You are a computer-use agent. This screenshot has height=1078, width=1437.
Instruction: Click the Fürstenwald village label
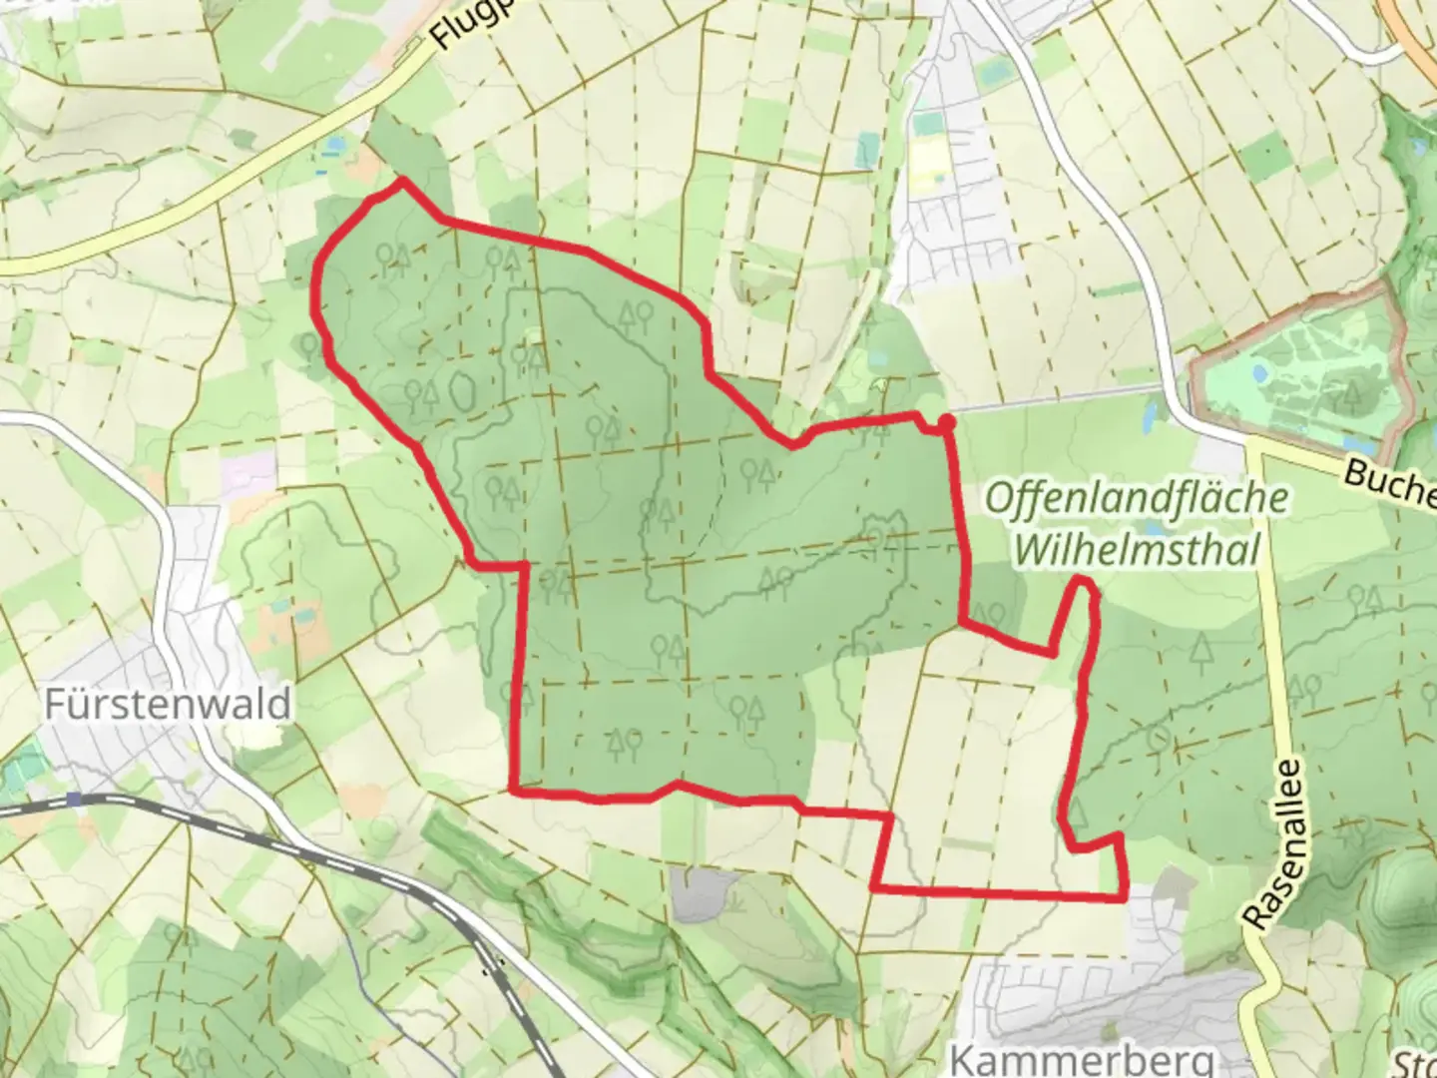coord(168,705)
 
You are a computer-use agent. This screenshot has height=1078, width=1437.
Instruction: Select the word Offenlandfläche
coord(1137,498)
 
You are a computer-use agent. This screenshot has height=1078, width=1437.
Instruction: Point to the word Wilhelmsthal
coord(1137,548)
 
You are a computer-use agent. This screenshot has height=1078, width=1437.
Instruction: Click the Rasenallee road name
coord(1272,844)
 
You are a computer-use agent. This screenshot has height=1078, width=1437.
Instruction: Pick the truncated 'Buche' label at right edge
coord(1389,480)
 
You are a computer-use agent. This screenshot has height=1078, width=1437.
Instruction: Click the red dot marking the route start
coord(947,423)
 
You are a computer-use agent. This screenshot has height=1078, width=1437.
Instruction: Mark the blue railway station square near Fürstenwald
coord(76,800)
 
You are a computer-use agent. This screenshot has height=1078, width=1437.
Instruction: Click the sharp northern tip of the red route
coord(402,181)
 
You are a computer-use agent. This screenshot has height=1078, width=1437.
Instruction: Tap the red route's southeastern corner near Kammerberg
coord(1125,897)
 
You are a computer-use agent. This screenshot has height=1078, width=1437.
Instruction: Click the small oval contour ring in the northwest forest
coord(463,390)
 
